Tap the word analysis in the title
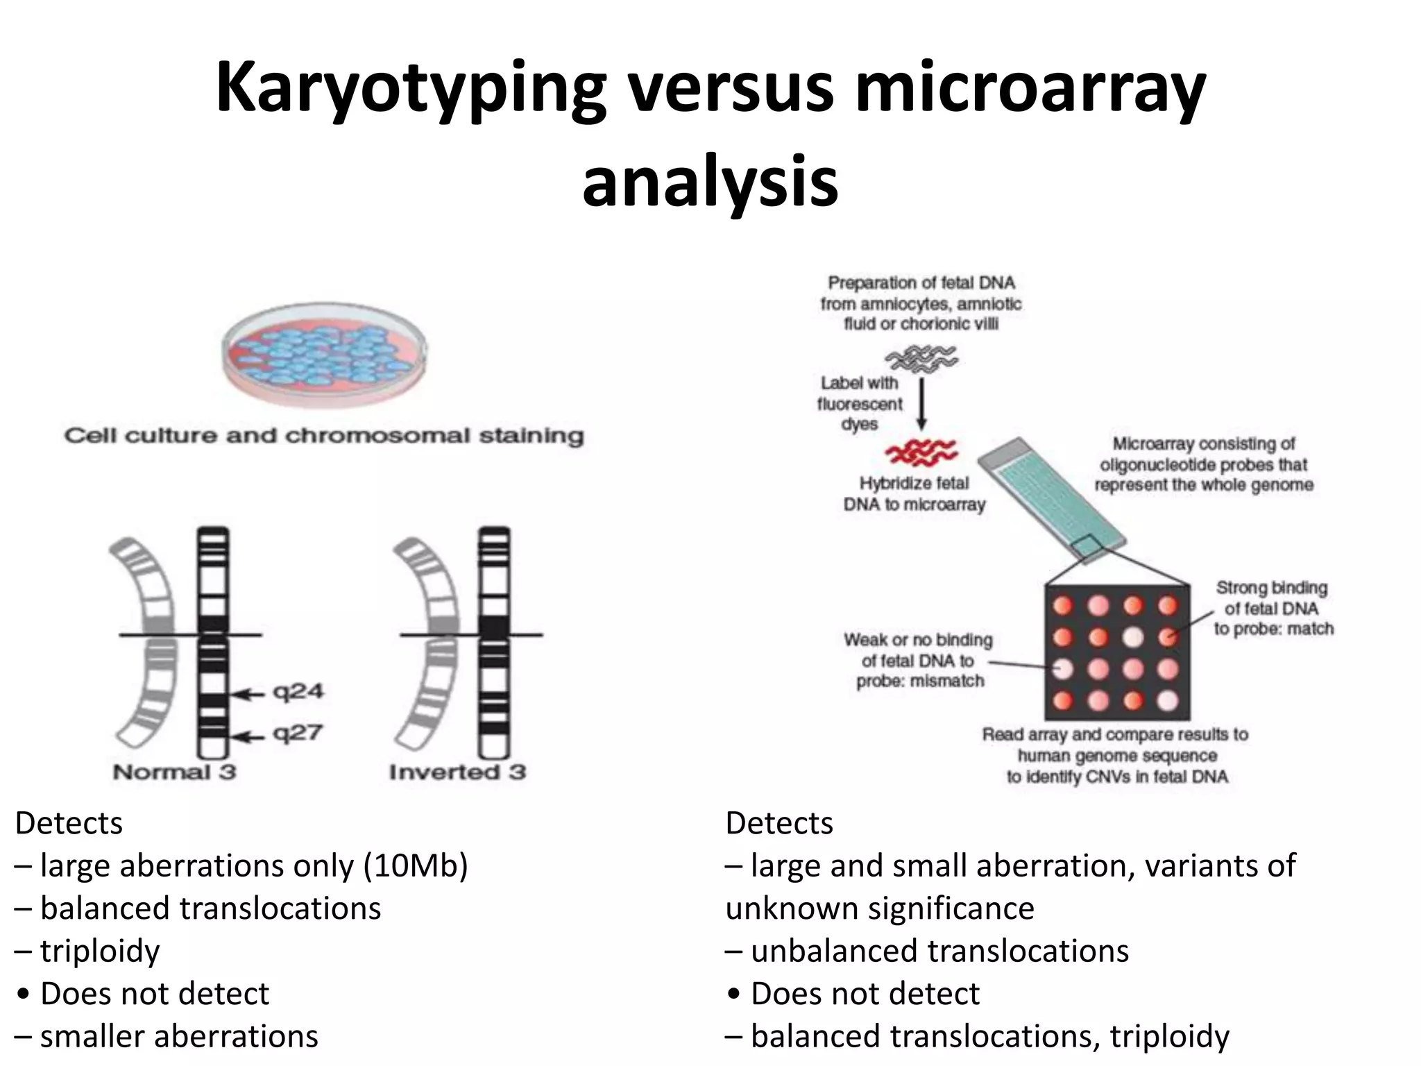click(710, 182)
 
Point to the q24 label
click(298, 692)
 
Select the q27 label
click(298, 733)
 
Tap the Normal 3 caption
click(174, 772)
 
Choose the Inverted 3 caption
click(457, 772)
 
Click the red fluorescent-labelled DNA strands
click(921, 453)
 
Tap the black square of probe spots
click(1116, 652)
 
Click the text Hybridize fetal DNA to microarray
click(914, 493)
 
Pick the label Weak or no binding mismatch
click(918, 660)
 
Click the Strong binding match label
click(1273, 608)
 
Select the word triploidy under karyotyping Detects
click(100, 951)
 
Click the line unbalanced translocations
click(939, 951)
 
